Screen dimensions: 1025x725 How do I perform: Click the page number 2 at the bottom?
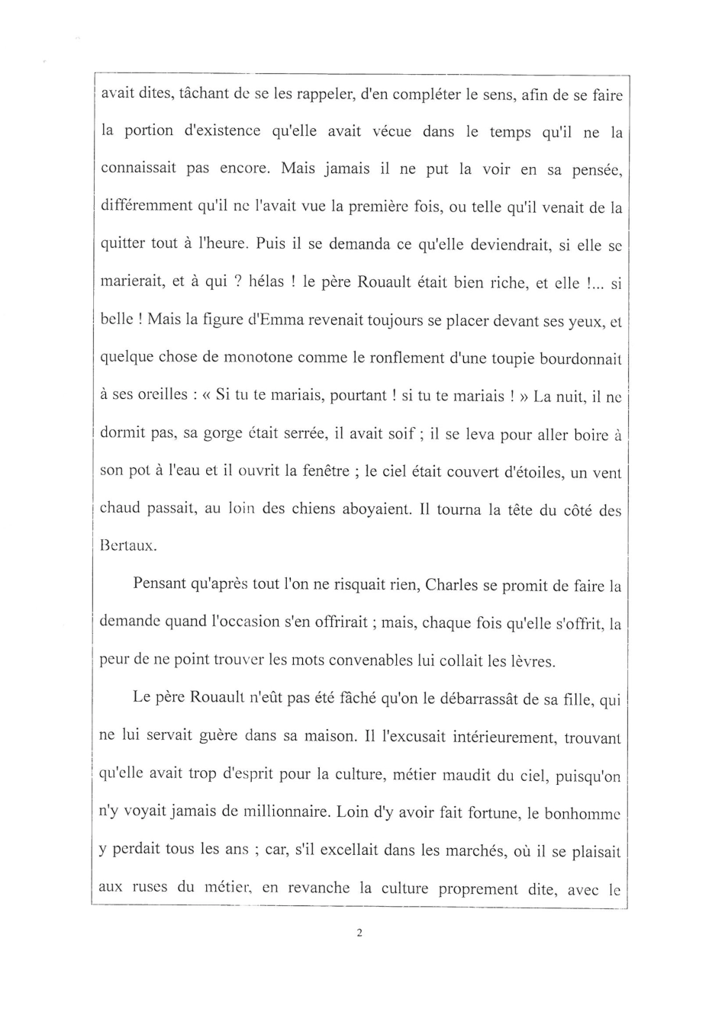358,932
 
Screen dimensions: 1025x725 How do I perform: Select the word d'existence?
217,131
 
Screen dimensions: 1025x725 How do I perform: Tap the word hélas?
267,281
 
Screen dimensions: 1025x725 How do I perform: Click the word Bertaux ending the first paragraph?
127,546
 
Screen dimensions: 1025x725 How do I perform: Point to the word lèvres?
529,661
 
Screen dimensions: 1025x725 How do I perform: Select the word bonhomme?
582,813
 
